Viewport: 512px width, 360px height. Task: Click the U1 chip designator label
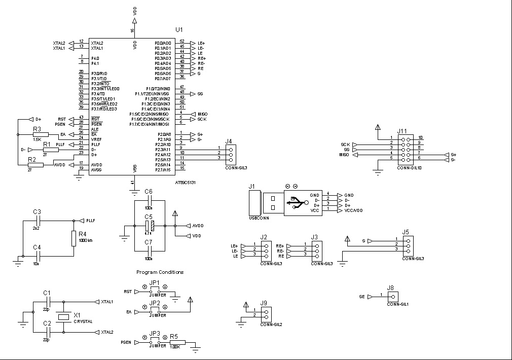[x=179, y=30]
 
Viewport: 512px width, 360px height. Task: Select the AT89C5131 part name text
[x=185, y=183]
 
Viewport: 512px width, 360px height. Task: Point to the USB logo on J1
[x=295, y=203]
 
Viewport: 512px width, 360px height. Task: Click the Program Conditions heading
[x=160, y=272]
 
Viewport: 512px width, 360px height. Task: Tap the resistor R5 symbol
[x=178, y=342]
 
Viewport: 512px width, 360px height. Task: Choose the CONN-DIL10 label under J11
[x=410, y=167]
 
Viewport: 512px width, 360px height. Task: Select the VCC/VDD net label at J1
[x=353, y=210]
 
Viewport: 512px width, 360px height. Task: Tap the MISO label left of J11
[x=345, y=155]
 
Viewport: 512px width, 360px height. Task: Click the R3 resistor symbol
[x=40, y=134]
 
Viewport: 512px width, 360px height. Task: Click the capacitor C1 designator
[x=47, y=293]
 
